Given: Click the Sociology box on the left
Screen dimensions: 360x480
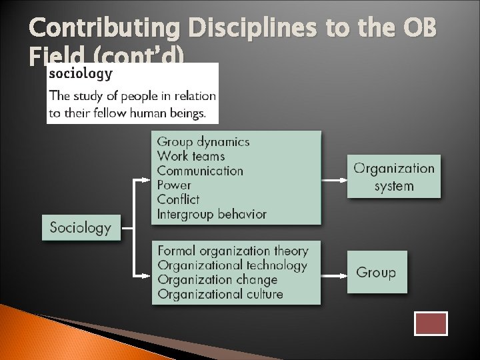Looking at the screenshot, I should (x=81, y=227).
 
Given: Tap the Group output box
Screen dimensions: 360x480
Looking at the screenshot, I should (x=376, y=272).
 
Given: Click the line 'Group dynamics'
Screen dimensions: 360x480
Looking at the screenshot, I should (x=203, y=141).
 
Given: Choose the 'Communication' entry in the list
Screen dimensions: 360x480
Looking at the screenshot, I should (x=200, y=171).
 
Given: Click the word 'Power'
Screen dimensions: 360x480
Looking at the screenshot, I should (x=173, y=185).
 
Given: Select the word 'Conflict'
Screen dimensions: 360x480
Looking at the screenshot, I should (x=178, y=199).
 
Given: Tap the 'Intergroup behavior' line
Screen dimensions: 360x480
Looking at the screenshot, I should (x=211, y=214).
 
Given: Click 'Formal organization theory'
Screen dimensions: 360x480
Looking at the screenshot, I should (x=233, y=251).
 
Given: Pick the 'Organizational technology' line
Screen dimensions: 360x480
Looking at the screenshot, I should (x=232, y=265).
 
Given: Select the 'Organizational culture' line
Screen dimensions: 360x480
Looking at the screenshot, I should (x=220, y=294).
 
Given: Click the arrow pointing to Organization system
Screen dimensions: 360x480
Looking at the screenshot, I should (x=333, y=179).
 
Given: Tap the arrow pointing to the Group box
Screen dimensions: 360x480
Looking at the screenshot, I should (x=333, y=274).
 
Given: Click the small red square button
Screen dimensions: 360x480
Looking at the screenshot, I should (x=431, y=323).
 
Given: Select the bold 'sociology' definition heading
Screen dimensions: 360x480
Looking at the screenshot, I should (x=81, y=73).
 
